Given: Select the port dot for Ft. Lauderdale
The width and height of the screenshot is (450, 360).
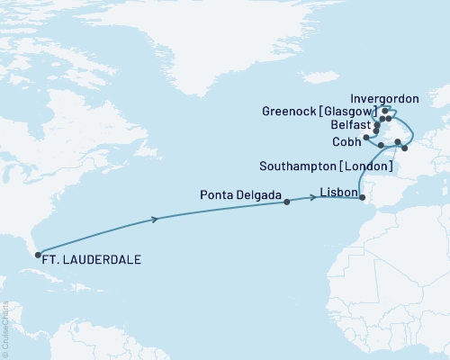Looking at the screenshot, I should point(38,254).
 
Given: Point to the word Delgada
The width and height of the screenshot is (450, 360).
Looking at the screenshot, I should point(263,193).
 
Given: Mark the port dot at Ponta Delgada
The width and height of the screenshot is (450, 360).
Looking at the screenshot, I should point(287,202).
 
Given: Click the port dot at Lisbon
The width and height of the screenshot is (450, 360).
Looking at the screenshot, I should point(363,199).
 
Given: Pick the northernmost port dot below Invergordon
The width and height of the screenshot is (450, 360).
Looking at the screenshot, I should point(385,112).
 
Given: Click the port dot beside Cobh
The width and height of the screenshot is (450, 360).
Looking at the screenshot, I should point(365,138).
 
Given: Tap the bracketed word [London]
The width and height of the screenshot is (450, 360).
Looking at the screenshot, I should point(366,166).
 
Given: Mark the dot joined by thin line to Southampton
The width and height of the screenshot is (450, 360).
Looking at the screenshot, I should point(397,142).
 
